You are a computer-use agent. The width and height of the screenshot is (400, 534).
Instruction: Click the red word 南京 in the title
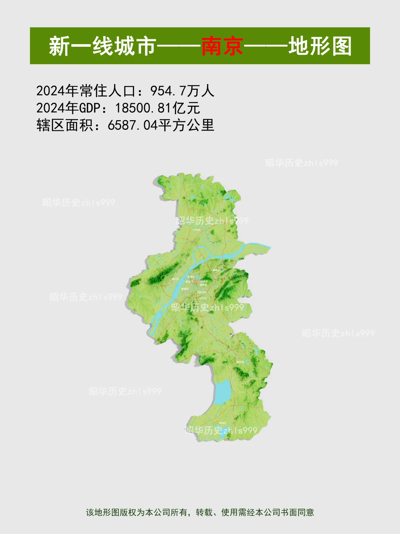point(222,46)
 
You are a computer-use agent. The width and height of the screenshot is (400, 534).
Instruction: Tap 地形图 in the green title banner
point(320,46)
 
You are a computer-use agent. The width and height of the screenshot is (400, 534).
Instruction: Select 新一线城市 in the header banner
point(102,46)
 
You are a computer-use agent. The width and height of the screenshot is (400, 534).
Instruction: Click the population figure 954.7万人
point(182,91)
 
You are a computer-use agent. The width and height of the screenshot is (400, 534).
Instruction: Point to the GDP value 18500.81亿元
point(157,108)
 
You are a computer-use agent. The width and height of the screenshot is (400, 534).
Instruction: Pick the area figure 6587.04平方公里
point(161,125)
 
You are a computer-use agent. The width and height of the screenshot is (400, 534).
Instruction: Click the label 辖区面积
point(65,125)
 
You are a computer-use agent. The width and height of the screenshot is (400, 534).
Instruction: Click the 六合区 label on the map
point(196,230)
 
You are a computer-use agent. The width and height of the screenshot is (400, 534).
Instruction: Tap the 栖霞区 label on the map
point(216,270)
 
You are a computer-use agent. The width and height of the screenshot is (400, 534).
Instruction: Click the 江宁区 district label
point(203,298)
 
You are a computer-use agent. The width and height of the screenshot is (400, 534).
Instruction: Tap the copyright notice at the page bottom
point(200,512)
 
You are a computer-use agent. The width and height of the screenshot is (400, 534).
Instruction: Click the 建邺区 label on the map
point(185,289)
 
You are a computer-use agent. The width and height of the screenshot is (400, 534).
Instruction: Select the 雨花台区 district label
point(202,293)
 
